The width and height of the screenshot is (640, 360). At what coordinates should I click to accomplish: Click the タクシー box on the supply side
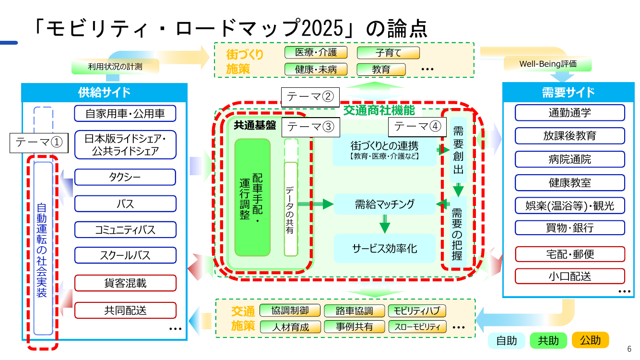(125, 177)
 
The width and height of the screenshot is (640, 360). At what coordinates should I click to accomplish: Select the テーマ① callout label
(39, 143)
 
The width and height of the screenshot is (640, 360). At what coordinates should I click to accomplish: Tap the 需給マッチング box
(385, 204)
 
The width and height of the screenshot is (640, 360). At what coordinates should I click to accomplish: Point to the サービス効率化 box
(385, 249)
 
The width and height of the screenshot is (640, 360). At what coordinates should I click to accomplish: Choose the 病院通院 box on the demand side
(569, 159)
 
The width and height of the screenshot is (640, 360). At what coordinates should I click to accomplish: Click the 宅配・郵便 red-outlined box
(569, 254)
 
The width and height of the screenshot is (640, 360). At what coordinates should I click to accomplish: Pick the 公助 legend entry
(590, 340)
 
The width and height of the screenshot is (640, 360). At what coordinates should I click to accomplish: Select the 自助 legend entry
(507, 340)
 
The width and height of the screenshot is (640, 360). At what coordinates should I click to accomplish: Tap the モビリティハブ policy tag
(417, 311)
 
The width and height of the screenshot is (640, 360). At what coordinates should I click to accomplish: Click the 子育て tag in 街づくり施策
(388, 53)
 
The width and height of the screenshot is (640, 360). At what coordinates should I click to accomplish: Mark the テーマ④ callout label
(417, 127)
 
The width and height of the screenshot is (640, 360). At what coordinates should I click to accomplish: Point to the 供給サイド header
(104, 92)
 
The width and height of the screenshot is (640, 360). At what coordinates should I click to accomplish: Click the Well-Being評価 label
(548, 64)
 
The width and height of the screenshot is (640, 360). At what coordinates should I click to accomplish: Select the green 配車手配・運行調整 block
(252, 197)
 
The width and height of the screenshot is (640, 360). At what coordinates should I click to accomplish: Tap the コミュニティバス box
(125, 229)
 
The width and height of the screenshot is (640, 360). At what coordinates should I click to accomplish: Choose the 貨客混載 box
(125, 283)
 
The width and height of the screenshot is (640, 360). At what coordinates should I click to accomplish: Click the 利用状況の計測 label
(115, 67)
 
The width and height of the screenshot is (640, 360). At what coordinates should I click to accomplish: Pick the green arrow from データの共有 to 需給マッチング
(316, 204)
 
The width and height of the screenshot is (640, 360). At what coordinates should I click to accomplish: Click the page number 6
(629, 349)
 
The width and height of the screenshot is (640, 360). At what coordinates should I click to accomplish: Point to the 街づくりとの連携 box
(385, 150)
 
